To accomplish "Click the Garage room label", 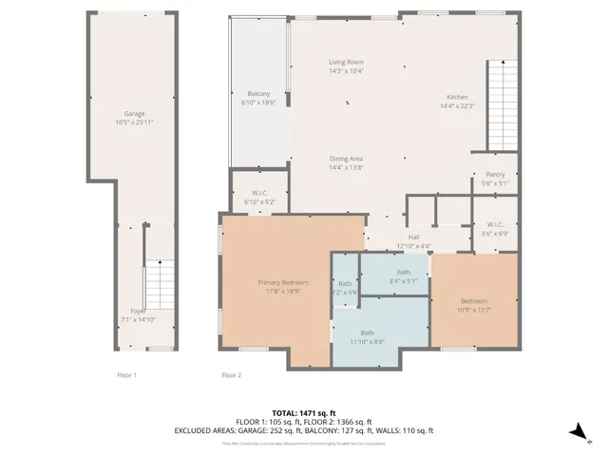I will [x=133, y=118].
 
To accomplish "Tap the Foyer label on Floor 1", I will [x=138, y=315].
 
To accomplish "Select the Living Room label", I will [x=346, y=66].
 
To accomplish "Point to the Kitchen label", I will [x=457, y=101].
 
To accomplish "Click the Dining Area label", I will [x=346, y=162].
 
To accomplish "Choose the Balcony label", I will [x=258, y=98].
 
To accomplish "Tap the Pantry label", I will [x=494, y=178].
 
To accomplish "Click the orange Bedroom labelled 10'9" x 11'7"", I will [x=474, y=305].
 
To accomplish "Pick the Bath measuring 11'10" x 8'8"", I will [x=366, y=336].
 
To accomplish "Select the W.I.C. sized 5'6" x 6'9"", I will [x=494, y=229].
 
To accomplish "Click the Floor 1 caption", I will [x=126, y=375].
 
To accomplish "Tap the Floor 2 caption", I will [x=231, y=375].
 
